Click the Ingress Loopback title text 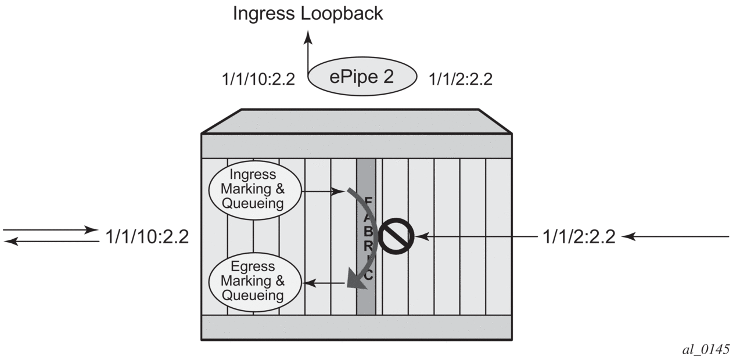(308, 13)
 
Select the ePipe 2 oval (362, 78)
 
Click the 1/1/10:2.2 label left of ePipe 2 (258, 80)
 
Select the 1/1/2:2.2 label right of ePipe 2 (460, 80)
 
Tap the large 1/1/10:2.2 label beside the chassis (148, 237)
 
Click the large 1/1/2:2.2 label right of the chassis (579, 237)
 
